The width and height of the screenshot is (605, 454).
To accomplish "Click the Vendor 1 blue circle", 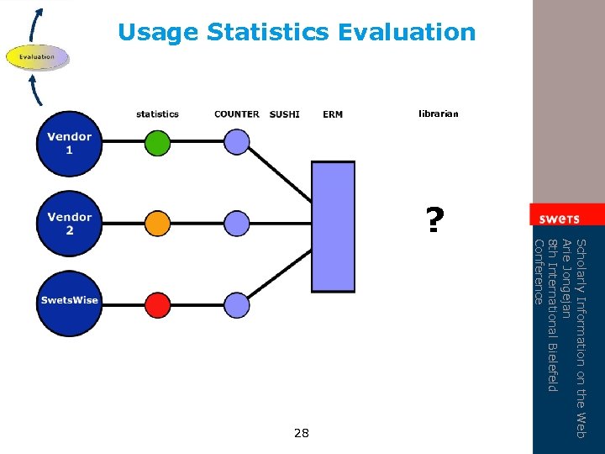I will pos(69,143).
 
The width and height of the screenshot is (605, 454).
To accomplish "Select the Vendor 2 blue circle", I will pos(69,224).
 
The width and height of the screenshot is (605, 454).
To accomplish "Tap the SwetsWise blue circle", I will pos(69,300).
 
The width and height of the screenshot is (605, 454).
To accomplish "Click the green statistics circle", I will pos(157,143).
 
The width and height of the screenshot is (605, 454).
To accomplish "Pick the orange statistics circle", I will pos(157,224).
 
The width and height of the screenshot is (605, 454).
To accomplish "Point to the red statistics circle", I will pos(157,301).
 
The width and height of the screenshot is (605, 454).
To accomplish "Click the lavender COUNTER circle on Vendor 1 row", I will pos(237,140).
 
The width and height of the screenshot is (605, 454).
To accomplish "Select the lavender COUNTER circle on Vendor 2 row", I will pos(237,224).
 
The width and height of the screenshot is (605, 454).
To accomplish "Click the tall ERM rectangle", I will pos(333,226).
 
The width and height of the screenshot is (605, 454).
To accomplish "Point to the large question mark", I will pos(433,221).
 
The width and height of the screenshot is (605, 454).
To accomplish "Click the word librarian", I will pos(439,113).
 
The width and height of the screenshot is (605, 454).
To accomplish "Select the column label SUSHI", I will pos(284,114).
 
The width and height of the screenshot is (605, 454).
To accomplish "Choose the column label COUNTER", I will pos(237,114).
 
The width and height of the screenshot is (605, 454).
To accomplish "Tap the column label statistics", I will pos(157,114).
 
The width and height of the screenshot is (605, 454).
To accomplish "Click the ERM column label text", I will pos(333,114).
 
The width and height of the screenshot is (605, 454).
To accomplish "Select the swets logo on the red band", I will pos(560,218).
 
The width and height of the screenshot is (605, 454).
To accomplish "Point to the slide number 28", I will pos(302,433).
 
